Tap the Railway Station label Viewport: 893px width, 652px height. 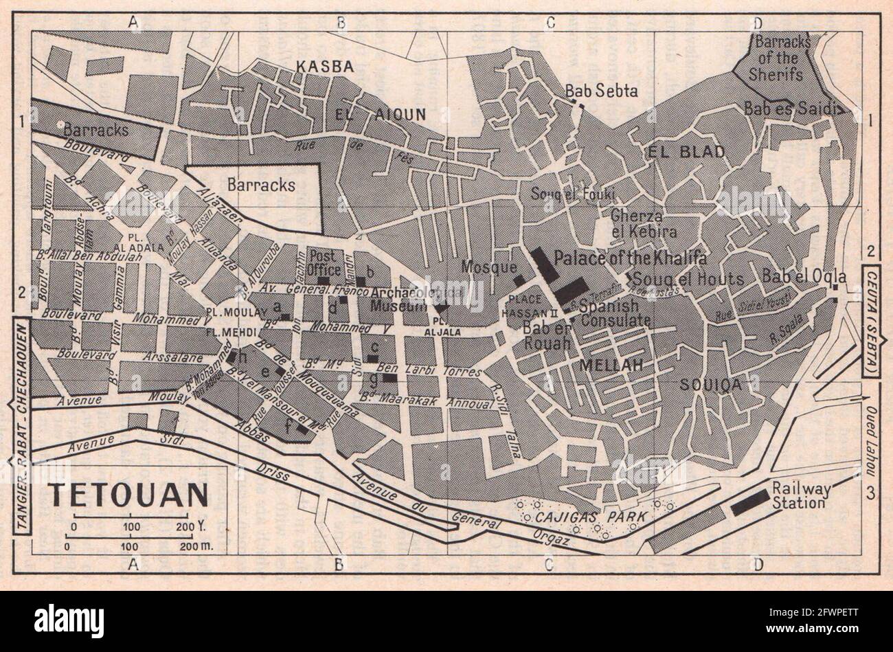[801, 495]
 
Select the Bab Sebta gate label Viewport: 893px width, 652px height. [592, 91]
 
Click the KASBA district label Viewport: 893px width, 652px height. [324, 67]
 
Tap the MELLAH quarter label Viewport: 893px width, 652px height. [611, 366]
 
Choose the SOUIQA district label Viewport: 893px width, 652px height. [712, 385]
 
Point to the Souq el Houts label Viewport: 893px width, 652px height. [688, 279]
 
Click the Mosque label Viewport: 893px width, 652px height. [488, 266]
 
